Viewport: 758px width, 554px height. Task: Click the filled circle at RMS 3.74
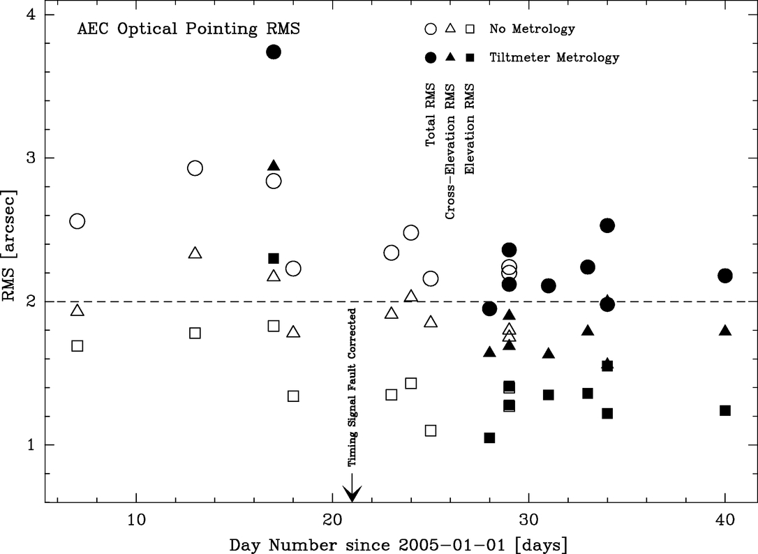(274, 52)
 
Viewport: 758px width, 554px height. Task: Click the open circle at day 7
(77, 221)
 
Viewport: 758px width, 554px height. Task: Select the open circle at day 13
(195, 168)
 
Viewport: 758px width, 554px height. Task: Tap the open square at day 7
(77, 346)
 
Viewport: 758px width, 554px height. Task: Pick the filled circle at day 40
(725, 276)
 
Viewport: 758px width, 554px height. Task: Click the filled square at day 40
(725, 410)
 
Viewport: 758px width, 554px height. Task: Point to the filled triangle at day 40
(725, 331)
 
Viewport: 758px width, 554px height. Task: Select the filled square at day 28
(489, 437)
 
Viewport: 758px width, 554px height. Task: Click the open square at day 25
(431, 431)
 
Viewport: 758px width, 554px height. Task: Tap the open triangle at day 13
(195, 253)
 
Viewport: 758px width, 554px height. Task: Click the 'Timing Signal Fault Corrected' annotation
(352, 387)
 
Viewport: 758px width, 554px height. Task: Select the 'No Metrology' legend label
(533, 29)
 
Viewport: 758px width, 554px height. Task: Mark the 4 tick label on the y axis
(32, 15)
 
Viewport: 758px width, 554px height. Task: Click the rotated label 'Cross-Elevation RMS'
(450, 152)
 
